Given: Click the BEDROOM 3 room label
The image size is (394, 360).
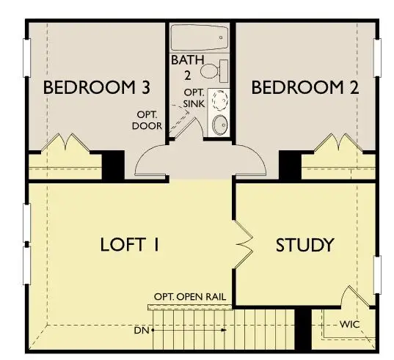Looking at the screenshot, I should click(97, 88).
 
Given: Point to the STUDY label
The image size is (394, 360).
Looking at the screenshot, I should click(304, 244).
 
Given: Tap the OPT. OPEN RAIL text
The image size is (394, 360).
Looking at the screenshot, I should click(189, 297).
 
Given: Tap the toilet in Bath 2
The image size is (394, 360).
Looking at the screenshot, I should click(214, 71).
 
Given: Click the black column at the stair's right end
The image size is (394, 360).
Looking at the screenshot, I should click(302, 331).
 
